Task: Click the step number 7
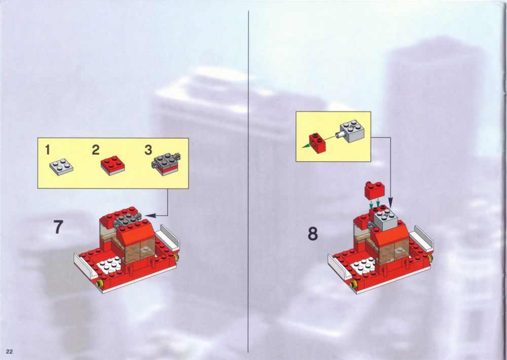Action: (x=58, y=227)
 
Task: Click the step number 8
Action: (x=313, y=234)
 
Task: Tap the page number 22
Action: (x=9, y=351)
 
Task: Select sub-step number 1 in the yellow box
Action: (x=48, y=150)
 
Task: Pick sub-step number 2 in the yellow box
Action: (x=96, y=150)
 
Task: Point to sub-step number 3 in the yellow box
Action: (x=148, y=150)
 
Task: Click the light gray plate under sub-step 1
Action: (x=61, y=167)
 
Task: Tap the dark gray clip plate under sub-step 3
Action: (x=166, y=164)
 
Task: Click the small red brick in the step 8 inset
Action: (x=317, y=143)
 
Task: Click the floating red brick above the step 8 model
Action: (x=375, y=190)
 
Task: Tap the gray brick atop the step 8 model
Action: (x=385, y=219)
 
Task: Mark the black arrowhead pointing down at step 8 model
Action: (x=390, y=203)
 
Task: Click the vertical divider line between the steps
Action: (x=248, y=182)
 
